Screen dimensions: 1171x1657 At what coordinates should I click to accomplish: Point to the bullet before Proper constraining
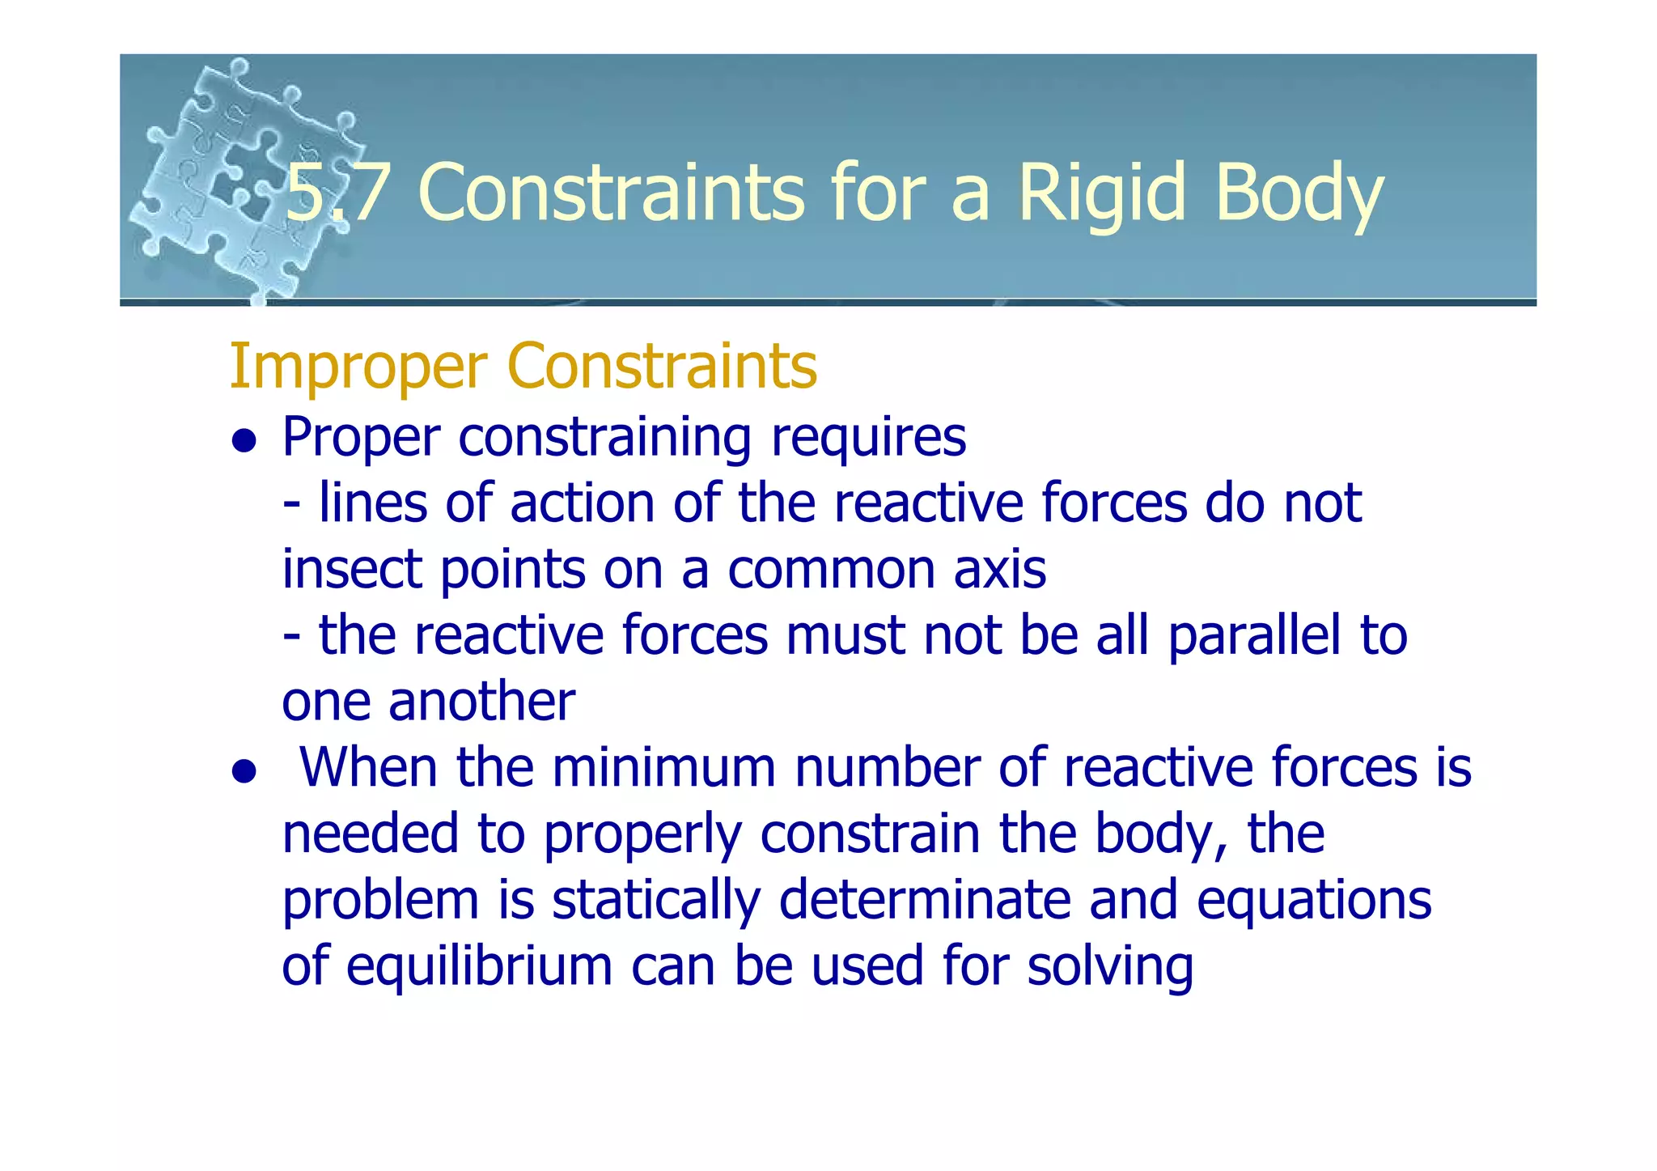click(244, 441)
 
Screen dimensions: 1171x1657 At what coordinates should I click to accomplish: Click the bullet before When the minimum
click(244, 771)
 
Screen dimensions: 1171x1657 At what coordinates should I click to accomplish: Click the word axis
click(999, 569)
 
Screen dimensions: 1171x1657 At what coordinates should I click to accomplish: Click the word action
click(582, 503)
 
